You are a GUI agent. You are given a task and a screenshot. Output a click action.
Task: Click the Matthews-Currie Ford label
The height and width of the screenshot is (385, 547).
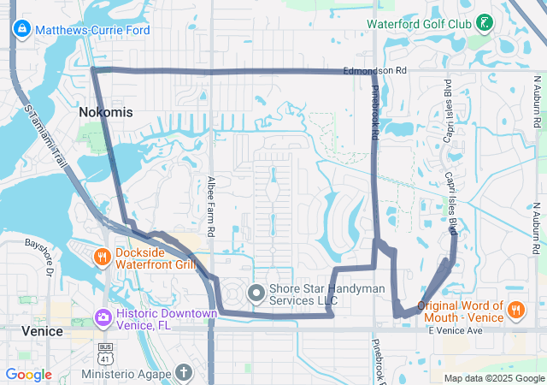[92, 30]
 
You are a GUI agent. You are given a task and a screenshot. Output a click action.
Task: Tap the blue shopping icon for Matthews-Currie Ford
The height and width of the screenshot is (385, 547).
[21, 30]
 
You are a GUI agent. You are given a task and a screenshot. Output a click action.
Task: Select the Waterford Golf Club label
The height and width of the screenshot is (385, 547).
[419, 23]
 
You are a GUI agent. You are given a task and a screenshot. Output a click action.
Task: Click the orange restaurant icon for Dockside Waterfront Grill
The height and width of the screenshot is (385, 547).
[102, 257]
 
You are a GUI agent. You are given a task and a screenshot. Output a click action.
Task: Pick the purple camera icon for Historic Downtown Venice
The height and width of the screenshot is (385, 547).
[102, 318]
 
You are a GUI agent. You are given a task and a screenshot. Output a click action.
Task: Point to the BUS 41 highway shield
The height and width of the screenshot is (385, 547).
[105, 350]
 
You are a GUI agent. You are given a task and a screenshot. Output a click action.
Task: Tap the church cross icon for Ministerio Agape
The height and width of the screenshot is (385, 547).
[183, 373]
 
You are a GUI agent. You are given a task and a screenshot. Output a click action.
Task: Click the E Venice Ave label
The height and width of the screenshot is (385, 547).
[456, 330]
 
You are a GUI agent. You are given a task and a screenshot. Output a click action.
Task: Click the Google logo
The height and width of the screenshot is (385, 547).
[28, 375]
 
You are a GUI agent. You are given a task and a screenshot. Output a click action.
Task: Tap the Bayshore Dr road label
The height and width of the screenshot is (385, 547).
[38, 256]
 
